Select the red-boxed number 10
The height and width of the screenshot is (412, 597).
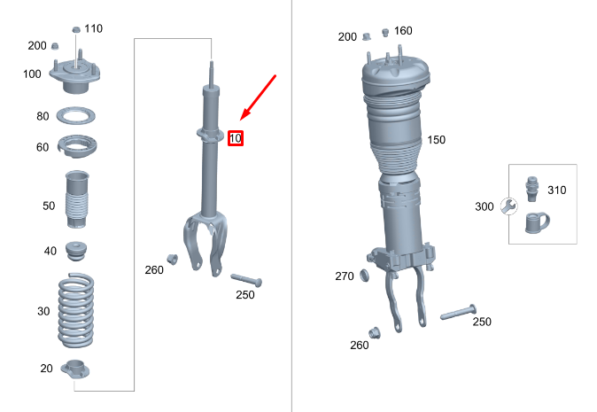[x=235, y=138]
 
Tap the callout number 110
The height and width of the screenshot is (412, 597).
[x=93, y=28]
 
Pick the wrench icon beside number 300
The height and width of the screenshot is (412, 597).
[x=508, y=206]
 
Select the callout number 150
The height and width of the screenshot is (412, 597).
[x=436, y=140]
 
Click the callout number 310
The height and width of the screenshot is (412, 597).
[x=556, y=190]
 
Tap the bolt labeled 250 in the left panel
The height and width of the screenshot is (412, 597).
[x=245, y=279]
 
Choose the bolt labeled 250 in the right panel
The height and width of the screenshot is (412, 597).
[x=459, y=313]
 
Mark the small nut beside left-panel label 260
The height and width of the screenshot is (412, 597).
[x=173, y=259]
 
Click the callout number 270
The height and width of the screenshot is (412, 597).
[x=345, y=276]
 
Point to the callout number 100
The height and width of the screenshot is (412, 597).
[x=33, y=74]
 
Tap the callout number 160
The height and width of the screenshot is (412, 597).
[x=403, y=31]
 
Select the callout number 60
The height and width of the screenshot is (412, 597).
[x=43, y=147]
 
